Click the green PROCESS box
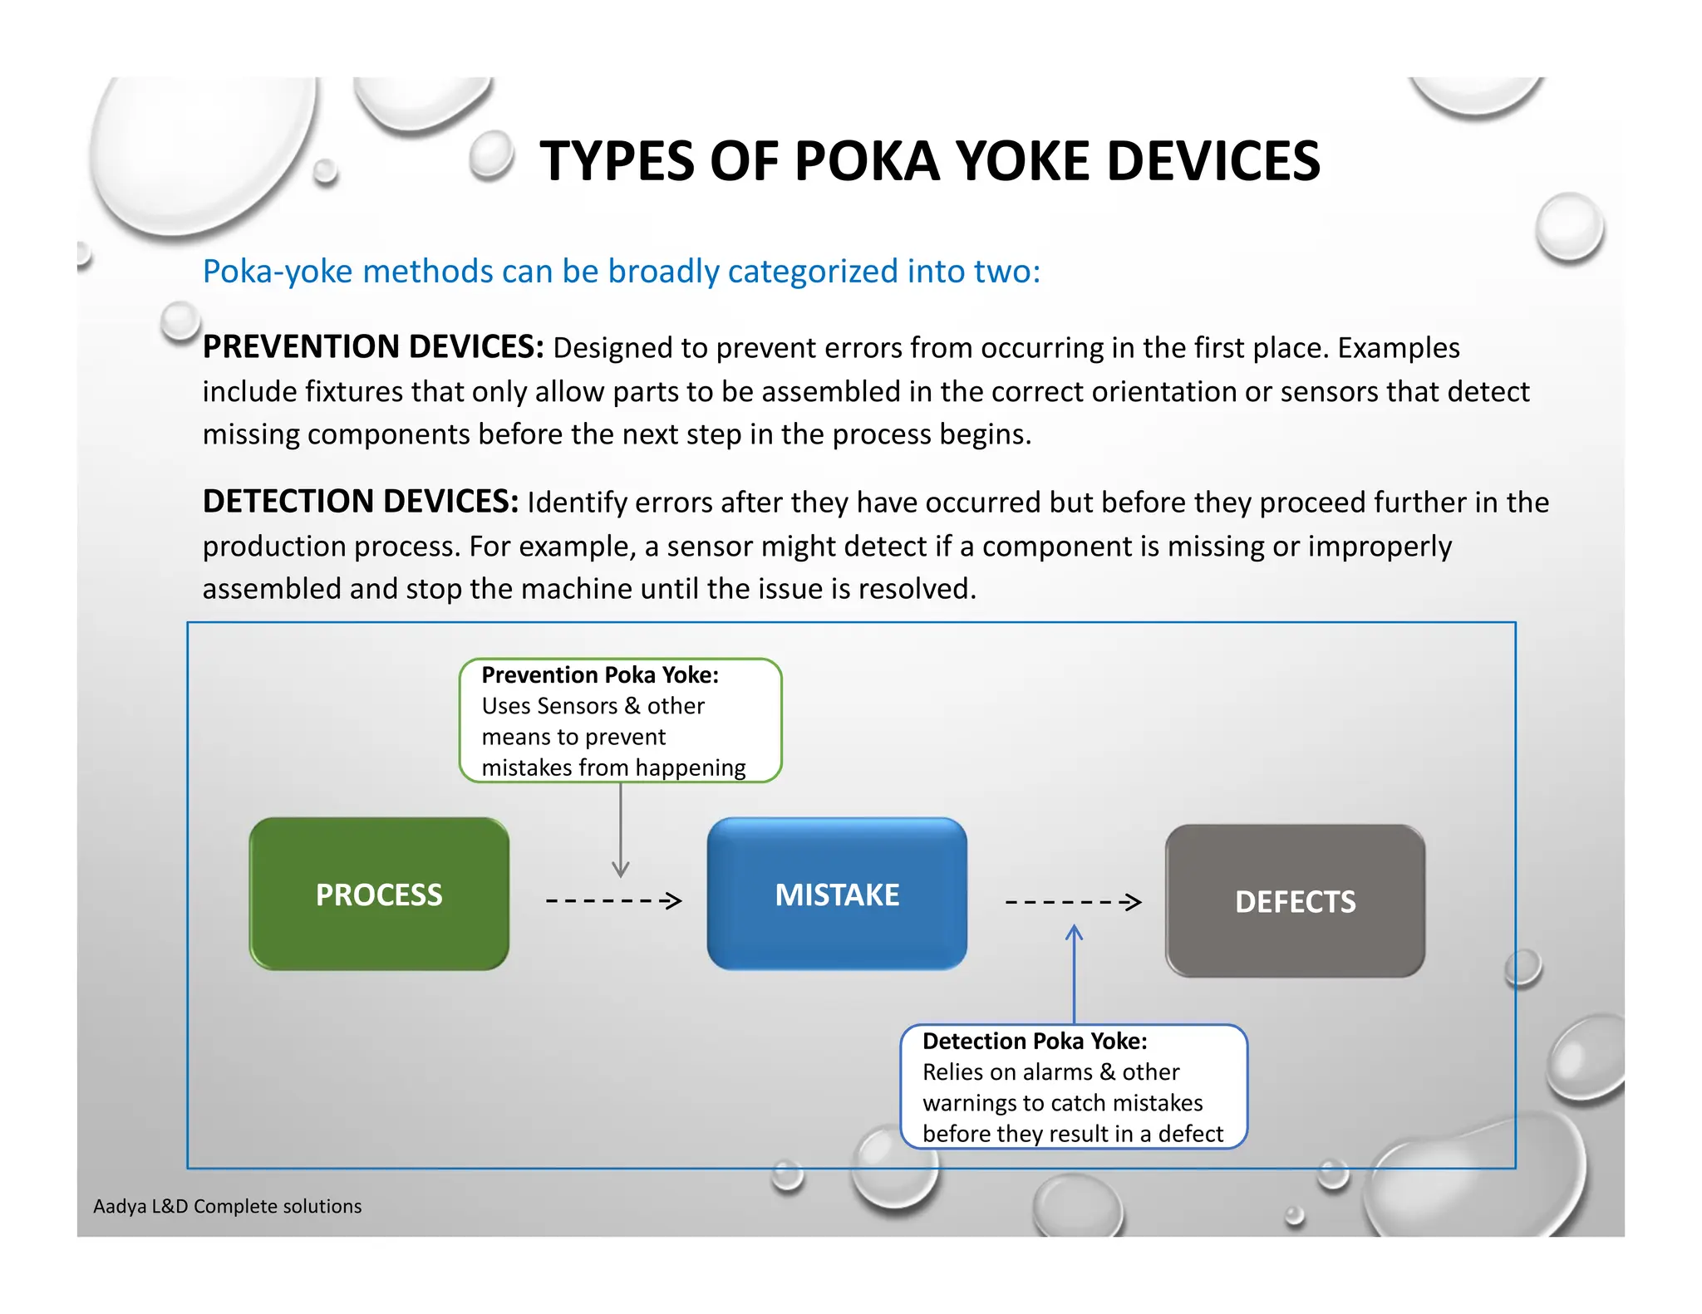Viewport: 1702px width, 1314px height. [x=379, y=894]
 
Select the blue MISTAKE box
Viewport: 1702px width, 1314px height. [x=837, y=894]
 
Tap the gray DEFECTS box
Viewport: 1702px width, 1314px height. [x=1295, y=901]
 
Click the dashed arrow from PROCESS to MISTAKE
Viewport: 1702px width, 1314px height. [x=613, y=900]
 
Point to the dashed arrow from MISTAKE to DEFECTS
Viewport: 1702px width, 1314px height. [x=1073, y=902]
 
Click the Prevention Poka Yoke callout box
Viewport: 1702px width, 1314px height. [x=620, y=720]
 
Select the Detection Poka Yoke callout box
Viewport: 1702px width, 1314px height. [x=1074, y=1086]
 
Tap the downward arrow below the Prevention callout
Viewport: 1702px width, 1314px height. [x=621, y=831]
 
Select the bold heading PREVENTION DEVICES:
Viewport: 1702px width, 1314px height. [x=373, y=347]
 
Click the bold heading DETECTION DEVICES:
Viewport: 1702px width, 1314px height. [x=361, y=502]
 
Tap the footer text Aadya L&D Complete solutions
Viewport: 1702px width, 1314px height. [x=227, y=1206]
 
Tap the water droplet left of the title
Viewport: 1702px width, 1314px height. [x=492, y=154]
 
